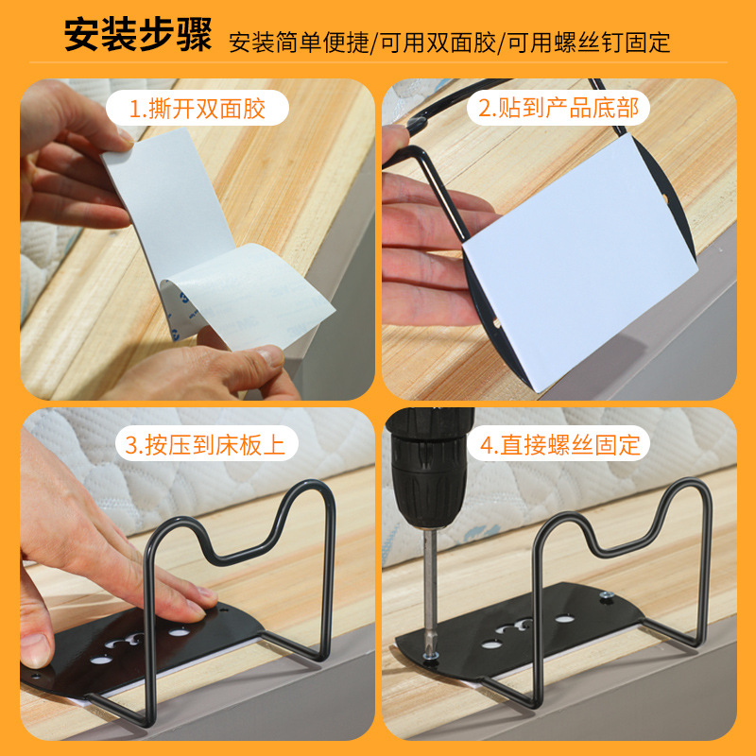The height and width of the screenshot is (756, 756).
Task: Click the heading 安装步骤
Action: point(138,38)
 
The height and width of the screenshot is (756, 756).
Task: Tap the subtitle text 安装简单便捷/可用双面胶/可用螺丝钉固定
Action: point(450,42)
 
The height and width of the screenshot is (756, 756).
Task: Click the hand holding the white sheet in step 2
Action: point(425,246)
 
